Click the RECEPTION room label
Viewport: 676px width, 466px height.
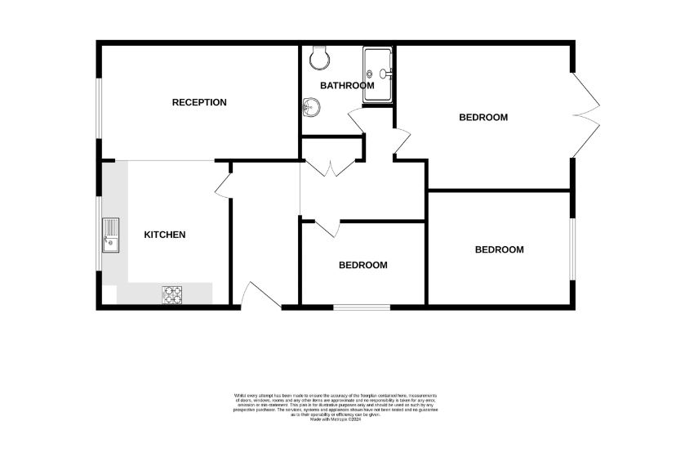point(199,102)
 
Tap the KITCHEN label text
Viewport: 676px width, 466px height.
point(165,235)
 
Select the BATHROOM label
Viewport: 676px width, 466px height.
point(347,85)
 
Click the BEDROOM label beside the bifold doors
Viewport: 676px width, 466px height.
point(483,117)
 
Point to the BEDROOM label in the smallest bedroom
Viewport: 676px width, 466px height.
point(363,265)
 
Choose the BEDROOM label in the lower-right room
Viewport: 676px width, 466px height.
point(499,249)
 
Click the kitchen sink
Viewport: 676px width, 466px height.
point(110,234)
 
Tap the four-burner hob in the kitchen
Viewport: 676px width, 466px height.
point(172,294)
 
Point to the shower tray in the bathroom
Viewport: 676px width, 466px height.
point(378,74)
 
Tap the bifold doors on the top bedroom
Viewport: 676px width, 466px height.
point(588,115)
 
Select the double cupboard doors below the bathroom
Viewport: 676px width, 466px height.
point(331,168)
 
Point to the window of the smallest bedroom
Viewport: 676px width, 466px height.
point(361,307)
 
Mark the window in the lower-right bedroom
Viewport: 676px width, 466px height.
point(571,249)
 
